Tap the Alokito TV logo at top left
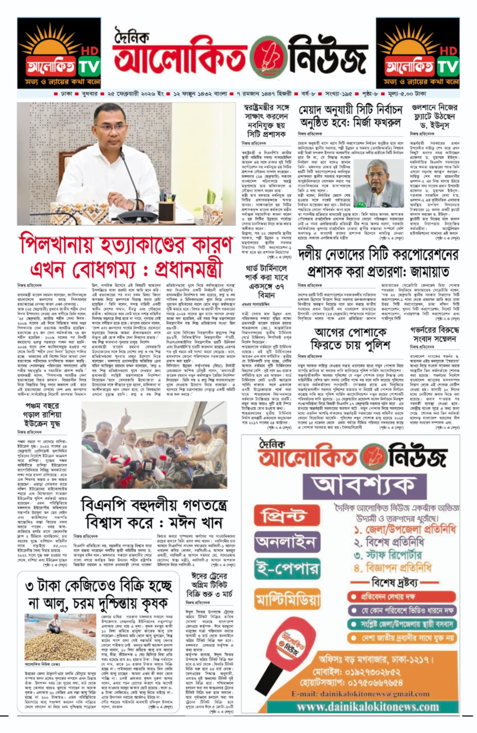tap(59, 53)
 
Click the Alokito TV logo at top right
tap(418, 53)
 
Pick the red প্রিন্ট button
tap(287, 516)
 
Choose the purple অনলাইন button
tap(287, 542)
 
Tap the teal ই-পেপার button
tap(287, 568)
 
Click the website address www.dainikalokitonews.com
tap(368, 707)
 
